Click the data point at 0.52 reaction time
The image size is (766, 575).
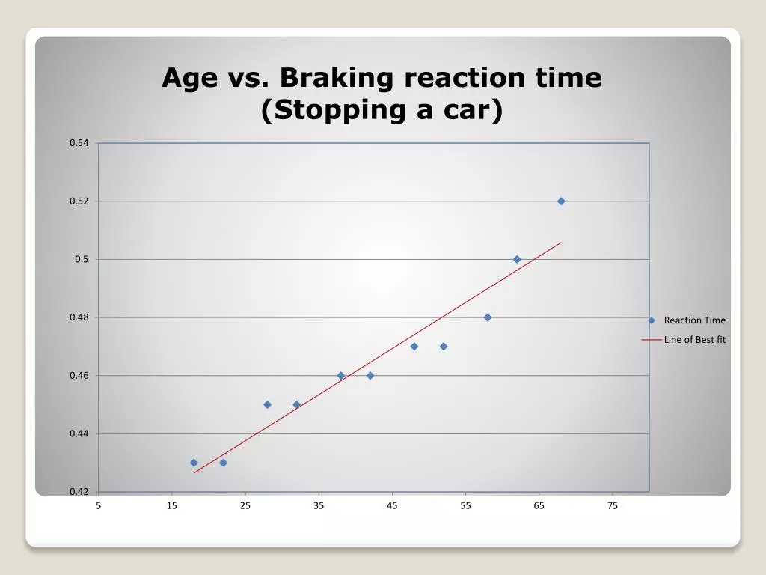pyautogui.click(x=561, y=201)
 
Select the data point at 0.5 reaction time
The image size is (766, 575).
pyautogui.click(x=517, y=259)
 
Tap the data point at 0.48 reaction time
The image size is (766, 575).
pyautogui.click(x=488, y=317)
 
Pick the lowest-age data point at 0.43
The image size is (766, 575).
pyautogui.click(x=194, y=463)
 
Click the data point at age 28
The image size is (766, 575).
pyautogui.click(x=267, y=404)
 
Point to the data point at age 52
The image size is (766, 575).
pyautogui.click(x=444, y=346)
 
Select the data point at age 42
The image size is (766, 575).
pyautogui.click(x=370, y=376)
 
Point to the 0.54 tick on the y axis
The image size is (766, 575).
pyautogui.click(x=79, y=143)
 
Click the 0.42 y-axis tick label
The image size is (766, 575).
pyautogui.click(x=79, y=491)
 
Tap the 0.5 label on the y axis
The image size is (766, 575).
pyautogui.click(x=82, y=259)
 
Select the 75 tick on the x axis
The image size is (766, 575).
pyautogui.click(x=613, y=505)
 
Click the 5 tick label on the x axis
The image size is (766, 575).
pyautogui.click(x=98, y=505)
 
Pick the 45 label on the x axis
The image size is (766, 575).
pyautogui.click(x=392, y=505)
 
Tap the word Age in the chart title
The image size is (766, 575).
pyautogui.click(x=189, y=78)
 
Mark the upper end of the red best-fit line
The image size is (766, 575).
pyautogui.click(x=561, y=242)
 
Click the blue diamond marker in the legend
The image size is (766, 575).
pyautogui.click(x=652, y=320)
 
